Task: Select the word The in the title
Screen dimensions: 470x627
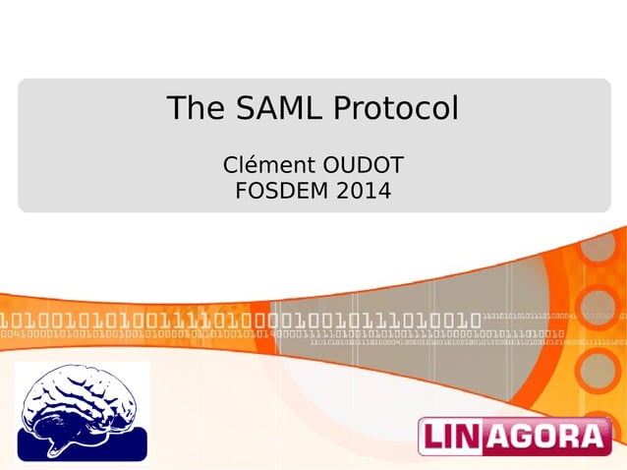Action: tap(195, 108)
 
